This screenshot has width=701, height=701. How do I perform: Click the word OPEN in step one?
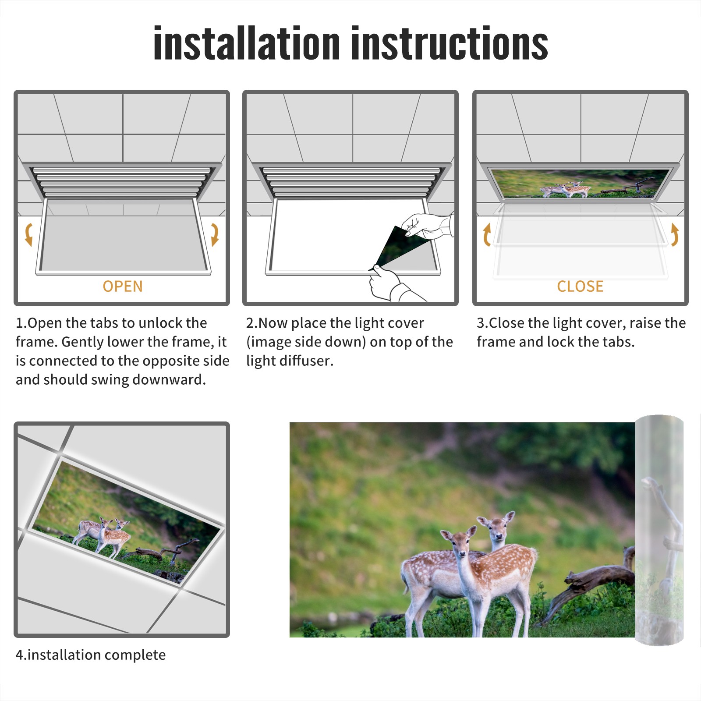tap(123, 286)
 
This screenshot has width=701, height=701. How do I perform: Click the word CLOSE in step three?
tap(580, 286)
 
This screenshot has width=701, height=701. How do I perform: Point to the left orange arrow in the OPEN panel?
tap(28, 234)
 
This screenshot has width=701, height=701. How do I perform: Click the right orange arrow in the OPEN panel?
tap(215, 234)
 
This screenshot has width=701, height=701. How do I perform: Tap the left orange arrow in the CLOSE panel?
tap(487, 234)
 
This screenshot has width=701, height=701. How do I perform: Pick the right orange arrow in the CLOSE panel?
tap(675, 234)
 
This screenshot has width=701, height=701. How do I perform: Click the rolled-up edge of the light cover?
tap(659, 530)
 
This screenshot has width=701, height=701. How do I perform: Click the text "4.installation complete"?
tap(91, 655)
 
